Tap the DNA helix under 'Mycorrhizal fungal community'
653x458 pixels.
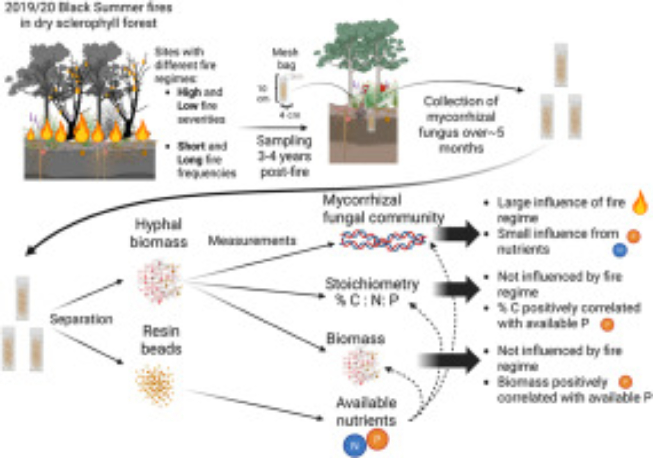(383, 241)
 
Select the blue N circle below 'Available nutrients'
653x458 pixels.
(355, 445)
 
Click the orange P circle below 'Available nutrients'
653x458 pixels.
(377, 439)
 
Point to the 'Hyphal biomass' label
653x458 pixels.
(159, 233)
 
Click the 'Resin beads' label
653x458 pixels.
(161, 340)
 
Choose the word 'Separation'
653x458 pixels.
(81, 319)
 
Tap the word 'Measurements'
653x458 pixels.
(252, 241)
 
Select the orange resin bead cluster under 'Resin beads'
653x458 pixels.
(155, 385)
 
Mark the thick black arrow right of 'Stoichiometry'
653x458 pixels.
(457, 289)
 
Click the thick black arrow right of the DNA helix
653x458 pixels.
(457, 234)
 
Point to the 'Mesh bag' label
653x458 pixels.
(286, 59)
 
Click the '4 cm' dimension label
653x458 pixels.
(290, 115)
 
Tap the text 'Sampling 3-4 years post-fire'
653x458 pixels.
(284, 157)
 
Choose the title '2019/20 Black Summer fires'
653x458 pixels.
(88, 8)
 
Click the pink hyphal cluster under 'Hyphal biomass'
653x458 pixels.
(159, 281)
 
